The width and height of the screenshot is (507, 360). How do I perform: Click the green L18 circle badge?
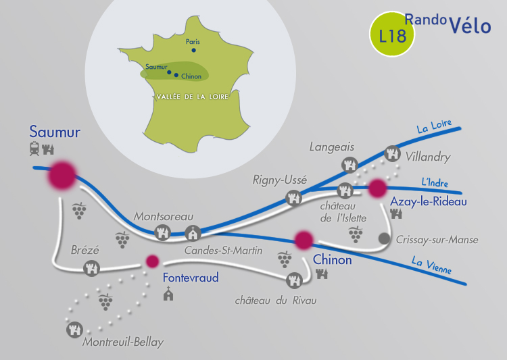coord(392,34)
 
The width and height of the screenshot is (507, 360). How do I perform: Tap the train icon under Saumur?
coord(34,149)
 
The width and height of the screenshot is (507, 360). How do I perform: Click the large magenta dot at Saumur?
coord(62,175)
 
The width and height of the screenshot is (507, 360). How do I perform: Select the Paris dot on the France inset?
coord(194,50)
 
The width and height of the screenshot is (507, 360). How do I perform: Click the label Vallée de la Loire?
coord(193,97)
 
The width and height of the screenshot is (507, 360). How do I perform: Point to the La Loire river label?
coord(434,126)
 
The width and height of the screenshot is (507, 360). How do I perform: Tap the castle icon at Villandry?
coord(392,153)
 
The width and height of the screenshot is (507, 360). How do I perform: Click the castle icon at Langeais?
coord(350,165)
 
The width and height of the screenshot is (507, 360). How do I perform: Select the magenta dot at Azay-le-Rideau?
coord(377,188)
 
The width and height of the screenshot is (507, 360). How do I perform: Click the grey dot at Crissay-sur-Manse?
coord(384,238)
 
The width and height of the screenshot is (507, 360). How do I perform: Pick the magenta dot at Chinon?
coord(304,240)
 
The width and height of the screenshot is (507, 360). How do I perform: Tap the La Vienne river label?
coord(432,265)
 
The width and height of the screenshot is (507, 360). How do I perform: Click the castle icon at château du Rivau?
coord(294,280)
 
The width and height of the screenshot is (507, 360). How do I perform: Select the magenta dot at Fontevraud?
coord(152,261)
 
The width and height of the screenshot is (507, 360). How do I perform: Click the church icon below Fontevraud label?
coord(168,293)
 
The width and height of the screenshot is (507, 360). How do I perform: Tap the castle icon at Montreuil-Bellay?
coord(74,330)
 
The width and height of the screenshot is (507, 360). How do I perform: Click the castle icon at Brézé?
coord(91,268)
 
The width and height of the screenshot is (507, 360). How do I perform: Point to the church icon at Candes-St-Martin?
coord(193,233)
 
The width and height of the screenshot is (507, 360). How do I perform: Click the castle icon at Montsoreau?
coord(162,232)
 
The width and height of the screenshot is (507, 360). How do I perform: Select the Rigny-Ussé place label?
coord(280,180)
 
